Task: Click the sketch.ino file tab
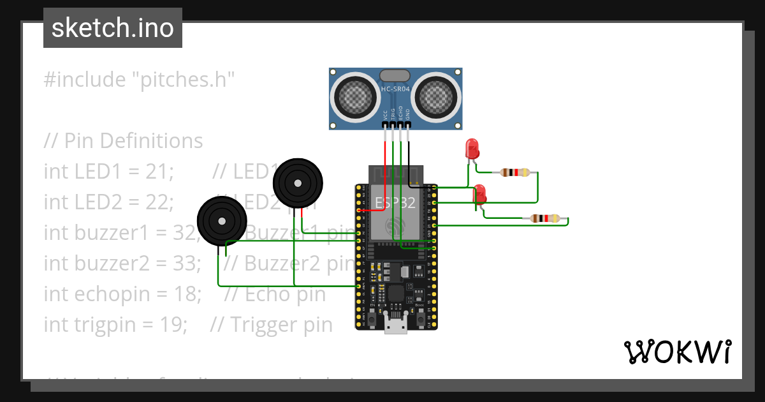pyautogui.click(x=112, y=28)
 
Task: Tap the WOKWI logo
pyautogui.click(x=676, y=352)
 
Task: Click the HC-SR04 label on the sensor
pyautogui.click(x=395, y=89)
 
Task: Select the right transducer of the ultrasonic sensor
pyautogui.click(x=437, y=96)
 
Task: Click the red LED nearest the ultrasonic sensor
pyautogui.click(x=472, y=149)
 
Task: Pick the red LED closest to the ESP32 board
pyautogui.click(x=480, y=193)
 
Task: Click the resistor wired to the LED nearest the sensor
pyautogui.click(x=515, y=172)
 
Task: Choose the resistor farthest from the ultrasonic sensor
pyautogui.click(x=544, y=219)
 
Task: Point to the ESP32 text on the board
pyautogui.click(x=395, y=203)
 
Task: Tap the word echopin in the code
pyautogui.click(x=105, y=294)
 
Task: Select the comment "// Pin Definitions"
pyautogui.click(x=124, y=140)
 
